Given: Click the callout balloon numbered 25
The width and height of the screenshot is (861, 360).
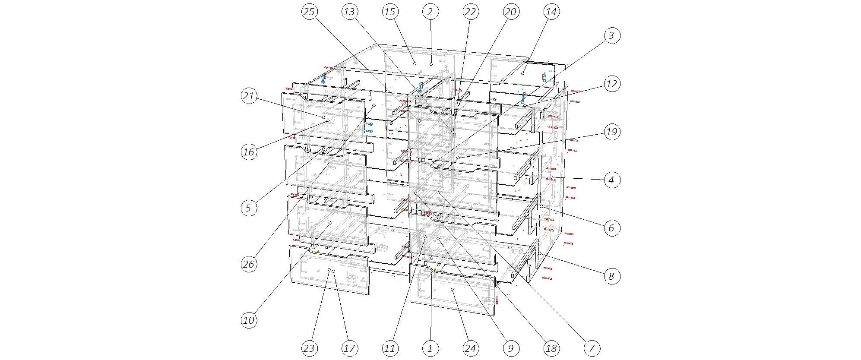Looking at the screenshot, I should click(x=309, y=12).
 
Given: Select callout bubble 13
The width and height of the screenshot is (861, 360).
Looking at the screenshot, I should click(x=349, y=12).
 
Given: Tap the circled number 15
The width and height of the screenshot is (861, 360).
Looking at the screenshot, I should click(x=389, y=12).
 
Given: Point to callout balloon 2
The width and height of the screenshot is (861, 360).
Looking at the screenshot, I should click(x=430, y=12).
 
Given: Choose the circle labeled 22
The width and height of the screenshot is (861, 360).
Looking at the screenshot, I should click(x=470, y=12).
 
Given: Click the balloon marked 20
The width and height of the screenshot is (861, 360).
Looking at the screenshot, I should click(x=511, y=12).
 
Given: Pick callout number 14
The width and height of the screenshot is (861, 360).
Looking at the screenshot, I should click(x=551, y=12).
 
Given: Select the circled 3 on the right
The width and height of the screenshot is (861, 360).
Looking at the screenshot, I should click(x=611, y=35).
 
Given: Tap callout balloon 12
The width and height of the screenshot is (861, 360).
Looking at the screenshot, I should click(x=611, y=84).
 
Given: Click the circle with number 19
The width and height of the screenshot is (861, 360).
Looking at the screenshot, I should click(x=611, y=132).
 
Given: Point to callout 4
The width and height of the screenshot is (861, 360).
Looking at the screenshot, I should click(x=611, y=180).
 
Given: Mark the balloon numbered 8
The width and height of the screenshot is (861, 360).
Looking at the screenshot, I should click(x=611, y=276).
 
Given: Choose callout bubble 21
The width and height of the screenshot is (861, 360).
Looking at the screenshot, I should click(x=249, y=96).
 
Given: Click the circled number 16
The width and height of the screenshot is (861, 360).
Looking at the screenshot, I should click(x=249, y=152).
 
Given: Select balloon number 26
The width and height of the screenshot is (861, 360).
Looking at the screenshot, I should click(x=249, y=264).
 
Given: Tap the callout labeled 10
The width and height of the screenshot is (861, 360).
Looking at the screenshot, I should click(x=249, y=320).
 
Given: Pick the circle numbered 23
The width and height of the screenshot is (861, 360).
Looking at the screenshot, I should click(x=309, y=348).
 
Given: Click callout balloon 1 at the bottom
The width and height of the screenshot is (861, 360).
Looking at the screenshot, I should click(x=430, y=348).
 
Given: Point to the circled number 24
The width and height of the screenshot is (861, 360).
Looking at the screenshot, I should click(x=470, y=348).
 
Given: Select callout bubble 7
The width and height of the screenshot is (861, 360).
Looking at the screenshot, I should click(x=592, y=348).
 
